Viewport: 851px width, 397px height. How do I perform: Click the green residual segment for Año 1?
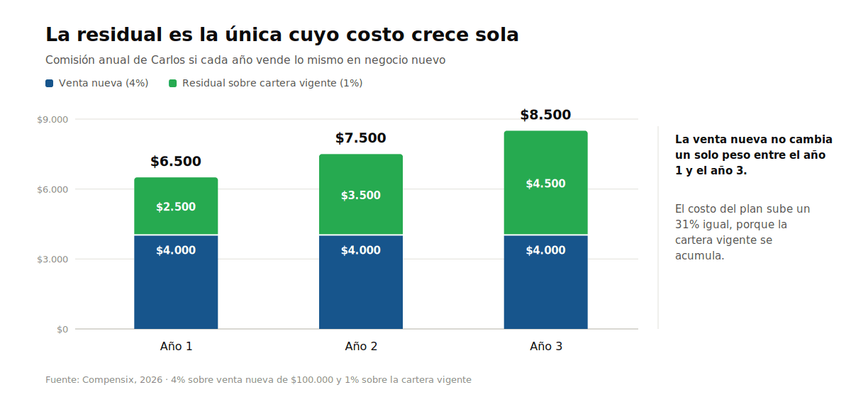(x=176, y=206)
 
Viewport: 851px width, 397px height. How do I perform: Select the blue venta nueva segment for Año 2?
(x=361, y=282)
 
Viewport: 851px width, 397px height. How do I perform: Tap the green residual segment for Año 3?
(x=546, y=183)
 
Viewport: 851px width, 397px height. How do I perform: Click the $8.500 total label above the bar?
(x=545, y=115)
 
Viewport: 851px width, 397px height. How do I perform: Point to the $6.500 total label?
(x=176, y=162)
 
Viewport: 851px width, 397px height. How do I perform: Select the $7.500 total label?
(x=361, y=138)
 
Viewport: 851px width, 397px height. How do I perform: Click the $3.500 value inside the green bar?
(x=361, y=195)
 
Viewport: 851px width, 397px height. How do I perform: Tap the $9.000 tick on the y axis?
(x=52, y=120)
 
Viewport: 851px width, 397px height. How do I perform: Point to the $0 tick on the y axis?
(x=62, y=330)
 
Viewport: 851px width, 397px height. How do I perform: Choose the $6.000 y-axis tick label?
(x=52, y=189)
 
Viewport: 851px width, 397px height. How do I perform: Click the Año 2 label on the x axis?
(x=361, y=346)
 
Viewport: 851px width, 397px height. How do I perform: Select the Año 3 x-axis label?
(x=546, y=346)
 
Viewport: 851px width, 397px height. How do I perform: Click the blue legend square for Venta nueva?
(x=50, y=83)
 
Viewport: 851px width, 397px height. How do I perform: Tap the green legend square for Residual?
(x=173, y=83)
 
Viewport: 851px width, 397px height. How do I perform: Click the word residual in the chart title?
(x=120, y=35)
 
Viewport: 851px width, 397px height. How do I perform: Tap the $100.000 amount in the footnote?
(x=312, y=380)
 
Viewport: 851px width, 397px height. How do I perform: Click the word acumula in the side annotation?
(x=700, y=256)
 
